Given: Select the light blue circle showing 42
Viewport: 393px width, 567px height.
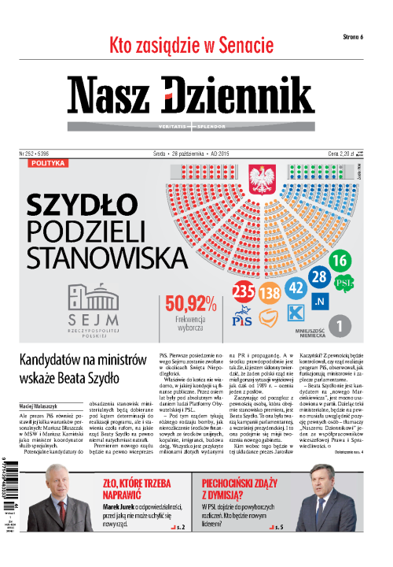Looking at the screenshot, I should click(x=296, y=287).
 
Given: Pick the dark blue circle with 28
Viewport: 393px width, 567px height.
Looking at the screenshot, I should click(x=318, y=276).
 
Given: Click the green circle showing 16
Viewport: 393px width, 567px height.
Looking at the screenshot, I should click(x=340, y=261).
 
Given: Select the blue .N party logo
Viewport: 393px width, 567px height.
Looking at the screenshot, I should click(x=319, y=302).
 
